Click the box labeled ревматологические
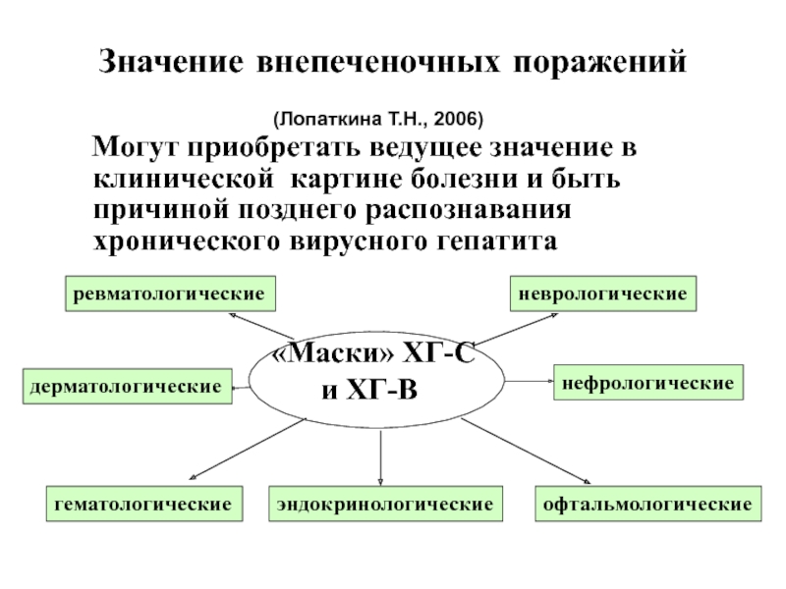(x=170, y=294)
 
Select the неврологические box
(x=603, y=294)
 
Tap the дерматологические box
(x=128, y=386)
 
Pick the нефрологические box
(x=648, y=383)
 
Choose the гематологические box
(x=144, y=504)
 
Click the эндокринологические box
(x=385, y=504)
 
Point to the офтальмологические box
(x=648, y=504)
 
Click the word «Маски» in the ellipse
(x=333, y=354)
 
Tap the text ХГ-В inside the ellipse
(x=382, y=390)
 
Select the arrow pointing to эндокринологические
(x=380, y=457)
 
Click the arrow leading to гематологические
(x=248, y=450)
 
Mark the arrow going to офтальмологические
(x=526, y=451)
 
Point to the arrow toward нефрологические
(x=529, y=381)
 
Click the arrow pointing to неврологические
(x=515, y=330)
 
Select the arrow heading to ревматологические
(x=261, y=326)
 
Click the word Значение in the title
(x=171, y=62)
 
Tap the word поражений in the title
(x=599, y=63)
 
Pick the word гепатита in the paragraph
(x=497, y=241)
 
